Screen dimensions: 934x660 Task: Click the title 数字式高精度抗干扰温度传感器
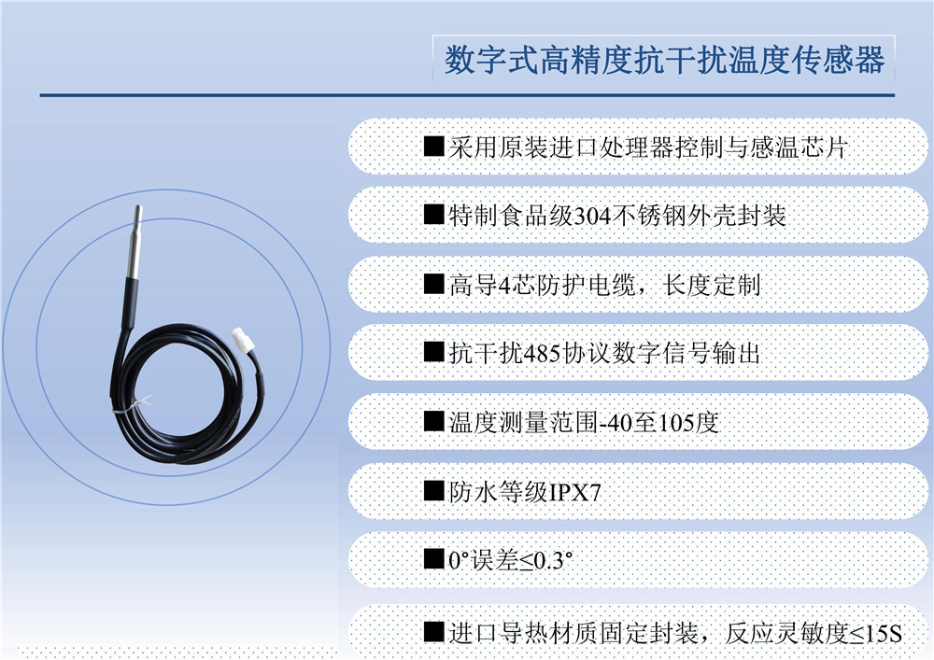coord(664,60)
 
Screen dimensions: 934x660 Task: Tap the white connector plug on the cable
coord(243,340)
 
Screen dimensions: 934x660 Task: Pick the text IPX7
coord(574,492)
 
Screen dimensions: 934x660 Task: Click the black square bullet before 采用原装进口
coord(433,147)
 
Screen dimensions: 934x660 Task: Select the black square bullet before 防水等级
coord(433,492)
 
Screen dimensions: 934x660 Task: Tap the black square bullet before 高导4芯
coord(433,285)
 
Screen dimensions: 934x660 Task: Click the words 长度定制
coord(713,285)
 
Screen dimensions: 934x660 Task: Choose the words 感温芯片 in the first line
coord(800,147)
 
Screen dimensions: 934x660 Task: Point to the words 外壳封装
coord(738,216)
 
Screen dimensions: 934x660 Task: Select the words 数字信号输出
coord(686,354)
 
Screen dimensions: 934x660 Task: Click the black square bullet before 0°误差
coord(433,560)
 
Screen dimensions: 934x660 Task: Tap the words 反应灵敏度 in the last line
coord(786,633)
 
